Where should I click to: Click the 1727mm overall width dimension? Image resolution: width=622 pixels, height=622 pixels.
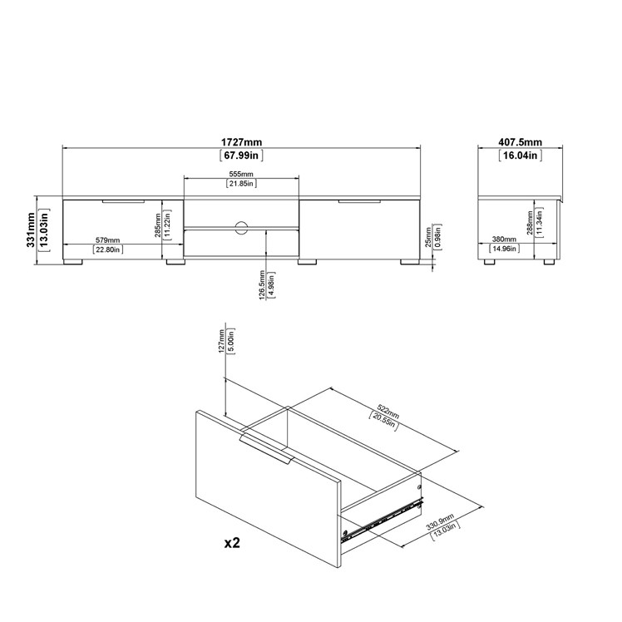tap(241, 142)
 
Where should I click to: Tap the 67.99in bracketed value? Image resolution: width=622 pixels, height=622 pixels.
tap(241, 155)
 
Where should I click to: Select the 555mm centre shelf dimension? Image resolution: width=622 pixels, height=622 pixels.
tap(241, 174)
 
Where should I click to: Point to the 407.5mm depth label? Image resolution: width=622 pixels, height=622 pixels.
tap(520, 142)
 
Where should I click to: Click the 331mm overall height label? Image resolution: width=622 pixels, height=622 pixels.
tap(31, 230)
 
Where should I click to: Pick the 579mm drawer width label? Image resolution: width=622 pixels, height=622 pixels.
tap(107, 240)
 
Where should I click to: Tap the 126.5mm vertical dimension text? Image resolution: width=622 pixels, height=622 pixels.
tap(262, 285)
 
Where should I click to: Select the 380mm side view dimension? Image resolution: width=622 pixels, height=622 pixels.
tap(504, 239)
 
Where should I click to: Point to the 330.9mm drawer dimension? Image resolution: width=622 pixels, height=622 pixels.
tap(440, 521)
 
